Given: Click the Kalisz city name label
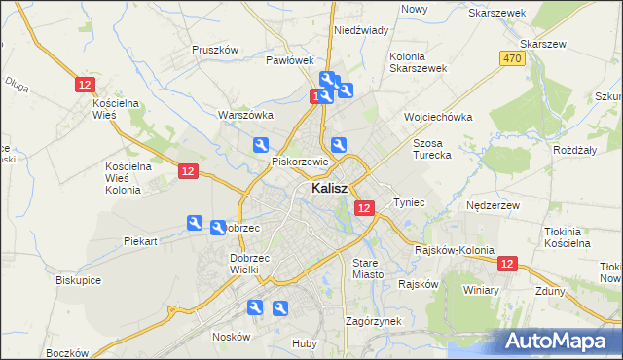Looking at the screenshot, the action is click(x=332, y=189).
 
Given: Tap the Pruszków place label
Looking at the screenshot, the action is click(x=215, y=50).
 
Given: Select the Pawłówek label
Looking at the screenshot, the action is click(x=289, y=60).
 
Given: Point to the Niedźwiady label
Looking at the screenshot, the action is click(x=361, y=30).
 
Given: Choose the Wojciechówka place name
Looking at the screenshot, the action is click(x=438, y=117).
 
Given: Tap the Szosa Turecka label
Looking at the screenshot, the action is click(x=434, y=149).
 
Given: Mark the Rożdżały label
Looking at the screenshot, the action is click(x=574, y=151).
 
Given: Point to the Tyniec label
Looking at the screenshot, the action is click(x=409, y=202).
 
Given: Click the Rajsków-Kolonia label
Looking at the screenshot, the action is click(x=450, y=250).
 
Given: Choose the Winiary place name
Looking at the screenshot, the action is click(x=481, y=290).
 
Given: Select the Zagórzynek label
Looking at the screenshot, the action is click(x=374, y=320).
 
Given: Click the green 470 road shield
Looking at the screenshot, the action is click(x=513, y=59).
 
